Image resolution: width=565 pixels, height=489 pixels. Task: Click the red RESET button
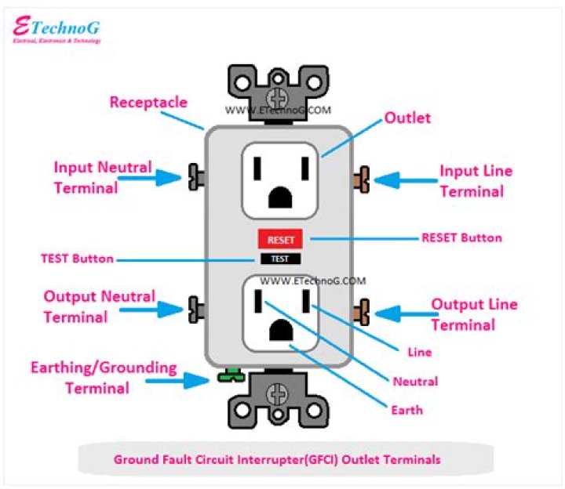[280, 240]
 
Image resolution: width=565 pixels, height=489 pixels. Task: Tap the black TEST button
[280, 259]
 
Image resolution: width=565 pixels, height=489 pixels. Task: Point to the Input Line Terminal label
[475, 181]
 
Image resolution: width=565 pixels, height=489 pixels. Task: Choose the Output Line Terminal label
[474, 314]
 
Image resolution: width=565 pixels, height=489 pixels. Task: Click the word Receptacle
[148, 103]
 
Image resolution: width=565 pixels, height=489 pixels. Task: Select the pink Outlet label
[407, 118]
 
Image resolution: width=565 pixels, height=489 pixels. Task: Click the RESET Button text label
[461, 237]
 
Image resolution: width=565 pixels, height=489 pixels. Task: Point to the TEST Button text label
[77, 259]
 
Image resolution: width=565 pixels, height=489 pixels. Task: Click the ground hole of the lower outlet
[280, 331]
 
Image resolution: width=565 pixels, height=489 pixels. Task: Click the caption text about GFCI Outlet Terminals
[282, 460]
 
